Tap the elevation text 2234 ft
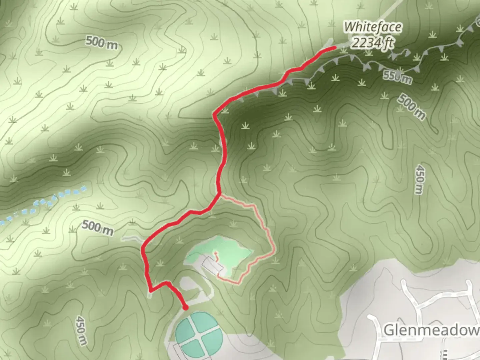(x=373, y=43)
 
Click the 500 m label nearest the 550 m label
(x=411, y=106)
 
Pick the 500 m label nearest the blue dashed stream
(x=97, y=227)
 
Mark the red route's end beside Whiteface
(x=333, y=49)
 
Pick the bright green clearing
(x=233, y=250)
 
